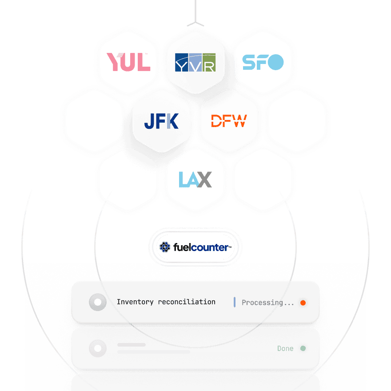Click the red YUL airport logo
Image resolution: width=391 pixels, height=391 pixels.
pos(128,62)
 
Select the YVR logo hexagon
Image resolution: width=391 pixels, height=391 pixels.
pos(195,62)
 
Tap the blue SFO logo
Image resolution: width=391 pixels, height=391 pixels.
pos(263,62)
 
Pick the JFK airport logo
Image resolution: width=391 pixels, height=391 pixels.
pos(161,121)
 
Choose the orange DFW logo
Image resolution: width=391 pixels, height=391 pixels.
pos(229,121)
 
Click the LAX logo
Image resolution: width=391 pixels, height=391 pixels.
pos(195,180)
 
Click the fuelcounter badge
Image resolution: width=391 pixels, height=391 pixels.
pos(195,247)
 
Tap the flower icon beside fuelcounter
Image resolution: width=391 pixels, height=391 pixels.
pos(165,247)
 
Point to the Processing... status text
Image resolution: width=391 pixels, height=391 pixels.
pos(267,303)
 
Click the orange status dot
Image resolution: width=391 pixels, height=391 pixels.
pos(303,303)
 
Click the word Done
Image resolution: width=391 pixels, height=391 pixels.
pos(285,348)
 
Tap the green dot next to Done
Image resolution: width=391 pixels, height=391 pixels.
pos(303,348)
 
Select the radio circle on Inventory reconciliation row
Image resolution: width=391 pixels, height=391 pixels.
pos(98,303)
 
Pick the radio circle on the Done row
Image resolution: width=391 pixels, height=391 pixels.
pos(98,348)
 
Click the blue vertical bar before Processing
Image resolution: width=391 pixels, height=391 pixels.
pos(234,302)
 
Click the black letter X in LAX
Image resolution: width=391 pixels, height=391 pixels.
pos(204,180)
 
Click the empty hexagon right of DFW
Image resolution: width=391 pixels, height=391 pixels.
pos(296,121)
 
